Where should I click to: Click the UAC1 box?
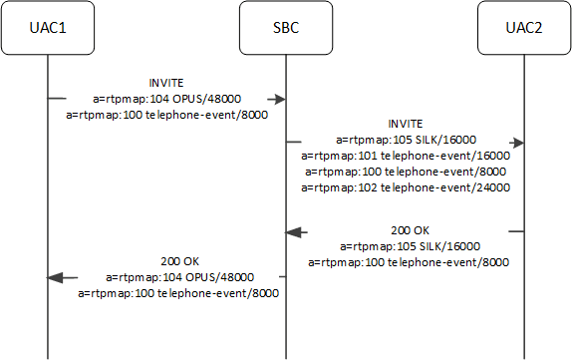pos(48,29)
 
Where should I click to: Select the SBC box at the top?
pos(286,29)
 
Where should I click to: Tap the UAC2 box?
pos(524,29)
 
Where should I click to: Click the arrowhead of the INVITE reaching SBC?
pos(280,99)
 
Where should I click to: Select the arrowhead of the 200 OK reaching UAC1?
pos(56,276)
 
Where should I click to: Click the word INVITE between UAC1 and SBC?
pos(167,84)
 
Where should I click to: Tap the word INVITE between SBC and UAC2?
pos(405,124)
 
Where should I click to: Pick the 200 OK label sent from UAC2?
pos(409,230)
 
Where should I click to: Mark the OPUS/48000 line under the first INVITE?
pos(167,99)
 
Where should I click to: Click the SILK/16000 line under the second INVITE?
pos(405,140)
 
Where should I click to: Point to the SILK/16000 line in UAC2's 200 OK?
pos(409,246)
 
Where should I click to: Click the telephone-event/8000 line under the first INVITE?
pos(167,115)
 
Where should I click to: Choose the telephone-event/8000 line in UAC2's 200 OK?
pos(409,262)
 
